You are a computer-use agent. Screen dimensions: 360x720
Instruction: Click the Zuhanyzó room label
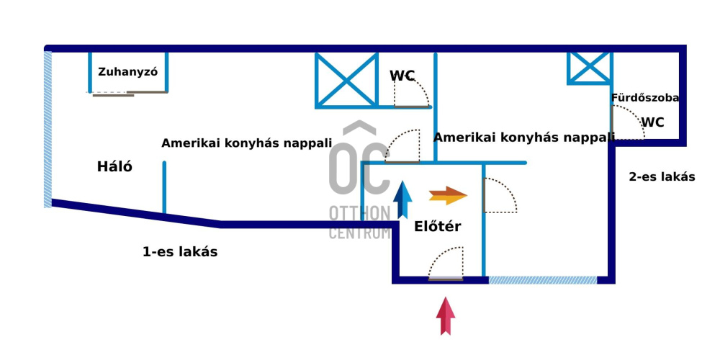click(x=128, y=72)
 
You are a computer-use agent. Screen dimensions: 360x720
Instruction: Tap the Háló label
click(x=115, y=167)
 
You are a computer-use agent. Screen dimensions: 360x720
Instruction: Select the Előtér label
click(x=437, y=227)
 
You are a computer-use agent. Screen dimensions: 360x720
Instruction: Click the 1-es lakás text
click(x=180, y=252)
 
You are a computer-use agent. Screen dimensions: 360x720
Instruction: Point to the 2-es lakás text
click(x=662, y=177)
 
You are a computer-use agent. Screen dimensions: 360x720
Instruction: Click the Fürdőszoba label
click(x=644, y=97)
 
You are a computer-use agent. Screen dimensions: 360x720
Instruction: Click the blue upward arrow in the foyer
click(x=403, y=199)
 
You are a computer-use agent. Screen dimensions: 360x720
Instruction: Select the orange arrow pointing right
click(x=448, y=195)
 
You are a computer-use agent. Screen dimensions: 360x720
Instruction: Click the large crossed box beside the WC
click(x=347, y=79)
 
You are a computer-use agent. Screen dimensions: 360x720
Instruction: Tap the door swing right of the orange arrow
click(x=500, y=195)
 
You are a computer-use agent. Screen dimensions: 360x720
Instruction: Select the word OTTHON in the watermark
click(x=359, y=213)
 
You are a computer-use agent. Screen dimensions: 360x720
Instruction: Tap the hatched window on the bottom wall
click(x=543, y=279)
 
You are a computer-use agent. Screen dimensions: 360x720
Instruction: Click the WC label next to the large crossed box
click(x=402, y=76)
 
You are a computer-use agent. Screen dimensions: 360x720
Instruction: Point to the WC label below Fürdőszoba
click(x=652, y=122)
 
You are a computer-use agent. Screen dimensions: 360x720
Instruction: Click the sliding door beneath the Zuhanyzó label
click(x=114, y=94)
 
